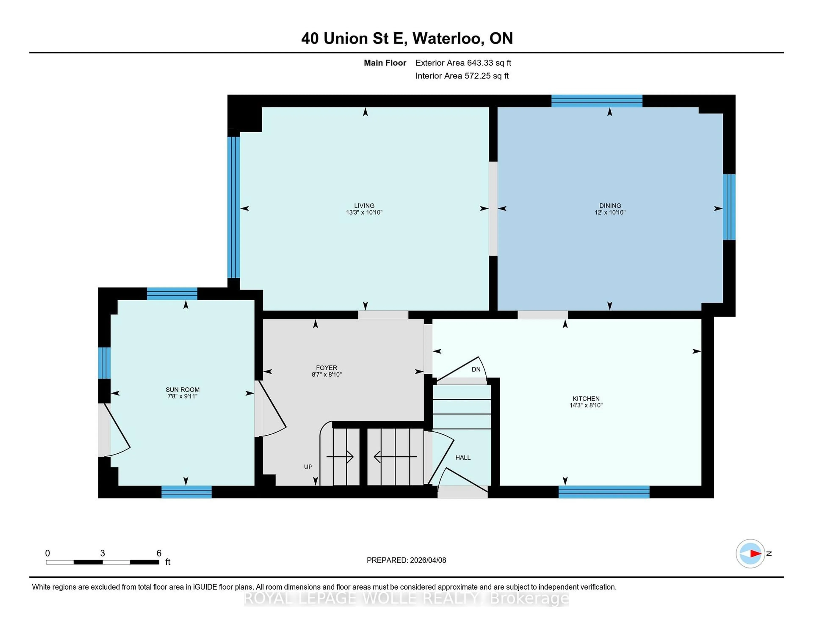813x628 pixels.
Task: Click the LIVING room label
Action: coord(364,205)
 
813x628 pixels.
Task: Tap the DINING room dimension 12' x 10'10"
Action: coord(610,212)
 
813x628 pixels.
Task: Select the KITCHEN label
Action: coord(586,398)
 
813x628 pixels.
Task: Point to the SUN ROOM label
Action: coord(183,390)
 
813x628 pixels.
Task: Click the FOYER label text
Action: coord(326,368)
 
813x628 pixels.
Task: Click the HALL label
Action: coord(463,458)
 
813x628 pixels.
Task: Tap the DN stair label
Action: coord(476,369)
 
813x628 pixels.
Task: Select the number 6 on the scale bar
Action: coord(159,553)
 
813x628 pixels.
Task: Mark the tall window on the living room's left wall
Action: coord(233,207)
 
